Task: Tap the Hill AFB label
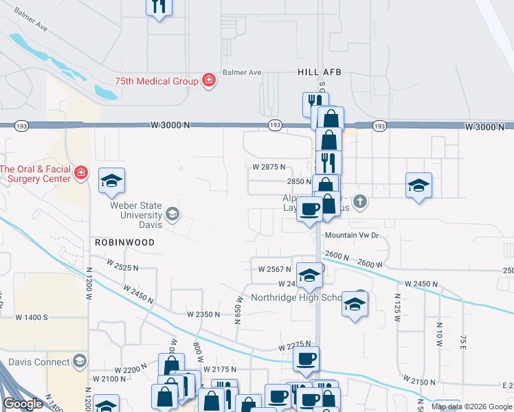(x=319, y=72)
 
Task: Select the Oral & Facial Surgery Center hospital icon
(x=81, y=172)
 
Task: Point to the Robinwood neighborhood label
(x=124, y=243)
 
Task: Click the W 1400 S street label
(x=30, y=317)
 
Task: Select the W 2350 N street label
(x=203, y=314)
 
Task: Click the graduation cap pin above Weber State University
(x=111, y=181)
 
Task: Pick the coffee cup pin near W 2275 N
(x=306, y=358)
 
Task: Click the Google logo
(x=23, y=404)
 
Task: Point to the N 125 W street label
(x=397, y=303)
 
